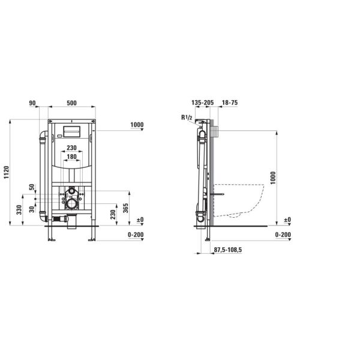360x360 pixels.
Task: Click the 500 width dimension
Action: tap(71, 103)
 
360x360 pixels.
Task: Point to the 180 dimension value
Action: tap(71, 157)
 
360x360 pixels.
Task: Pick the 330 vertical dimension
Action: tap(20, 209)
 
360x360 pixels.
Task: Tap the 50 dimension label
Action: tap(32, 187)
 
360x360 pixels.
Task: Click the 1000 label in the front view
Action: tap(137, 125)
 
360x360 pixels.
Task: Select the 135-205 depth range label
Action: tap(202, 103)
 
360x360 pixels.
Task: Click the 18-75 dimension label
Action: tap(230, 103)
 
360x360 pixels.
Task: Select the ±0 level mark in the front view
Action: tap(139, 220)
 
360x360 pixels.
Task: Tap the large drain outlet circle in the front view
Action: tap(73, 204)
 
